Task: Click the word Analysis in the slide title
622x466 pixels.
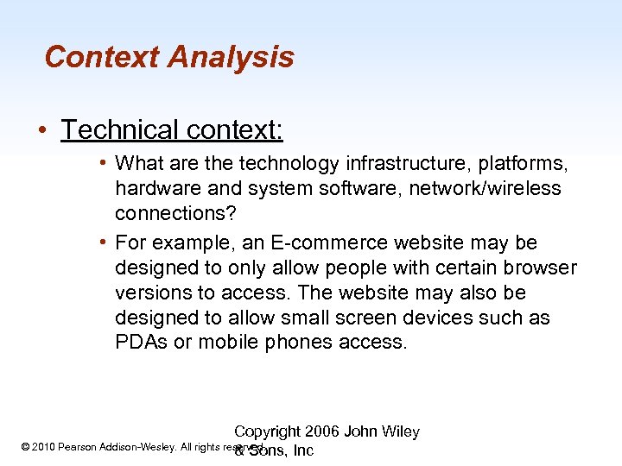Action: (231, 58)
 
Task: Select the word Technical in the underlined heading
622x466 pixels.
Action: (116, 129)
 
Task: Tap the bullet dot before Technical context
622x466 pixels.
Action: (41, 130)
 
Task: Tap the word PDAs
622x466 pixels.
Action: (142, 343)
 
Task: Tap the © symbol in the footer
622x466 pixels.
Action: (24, 447)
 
